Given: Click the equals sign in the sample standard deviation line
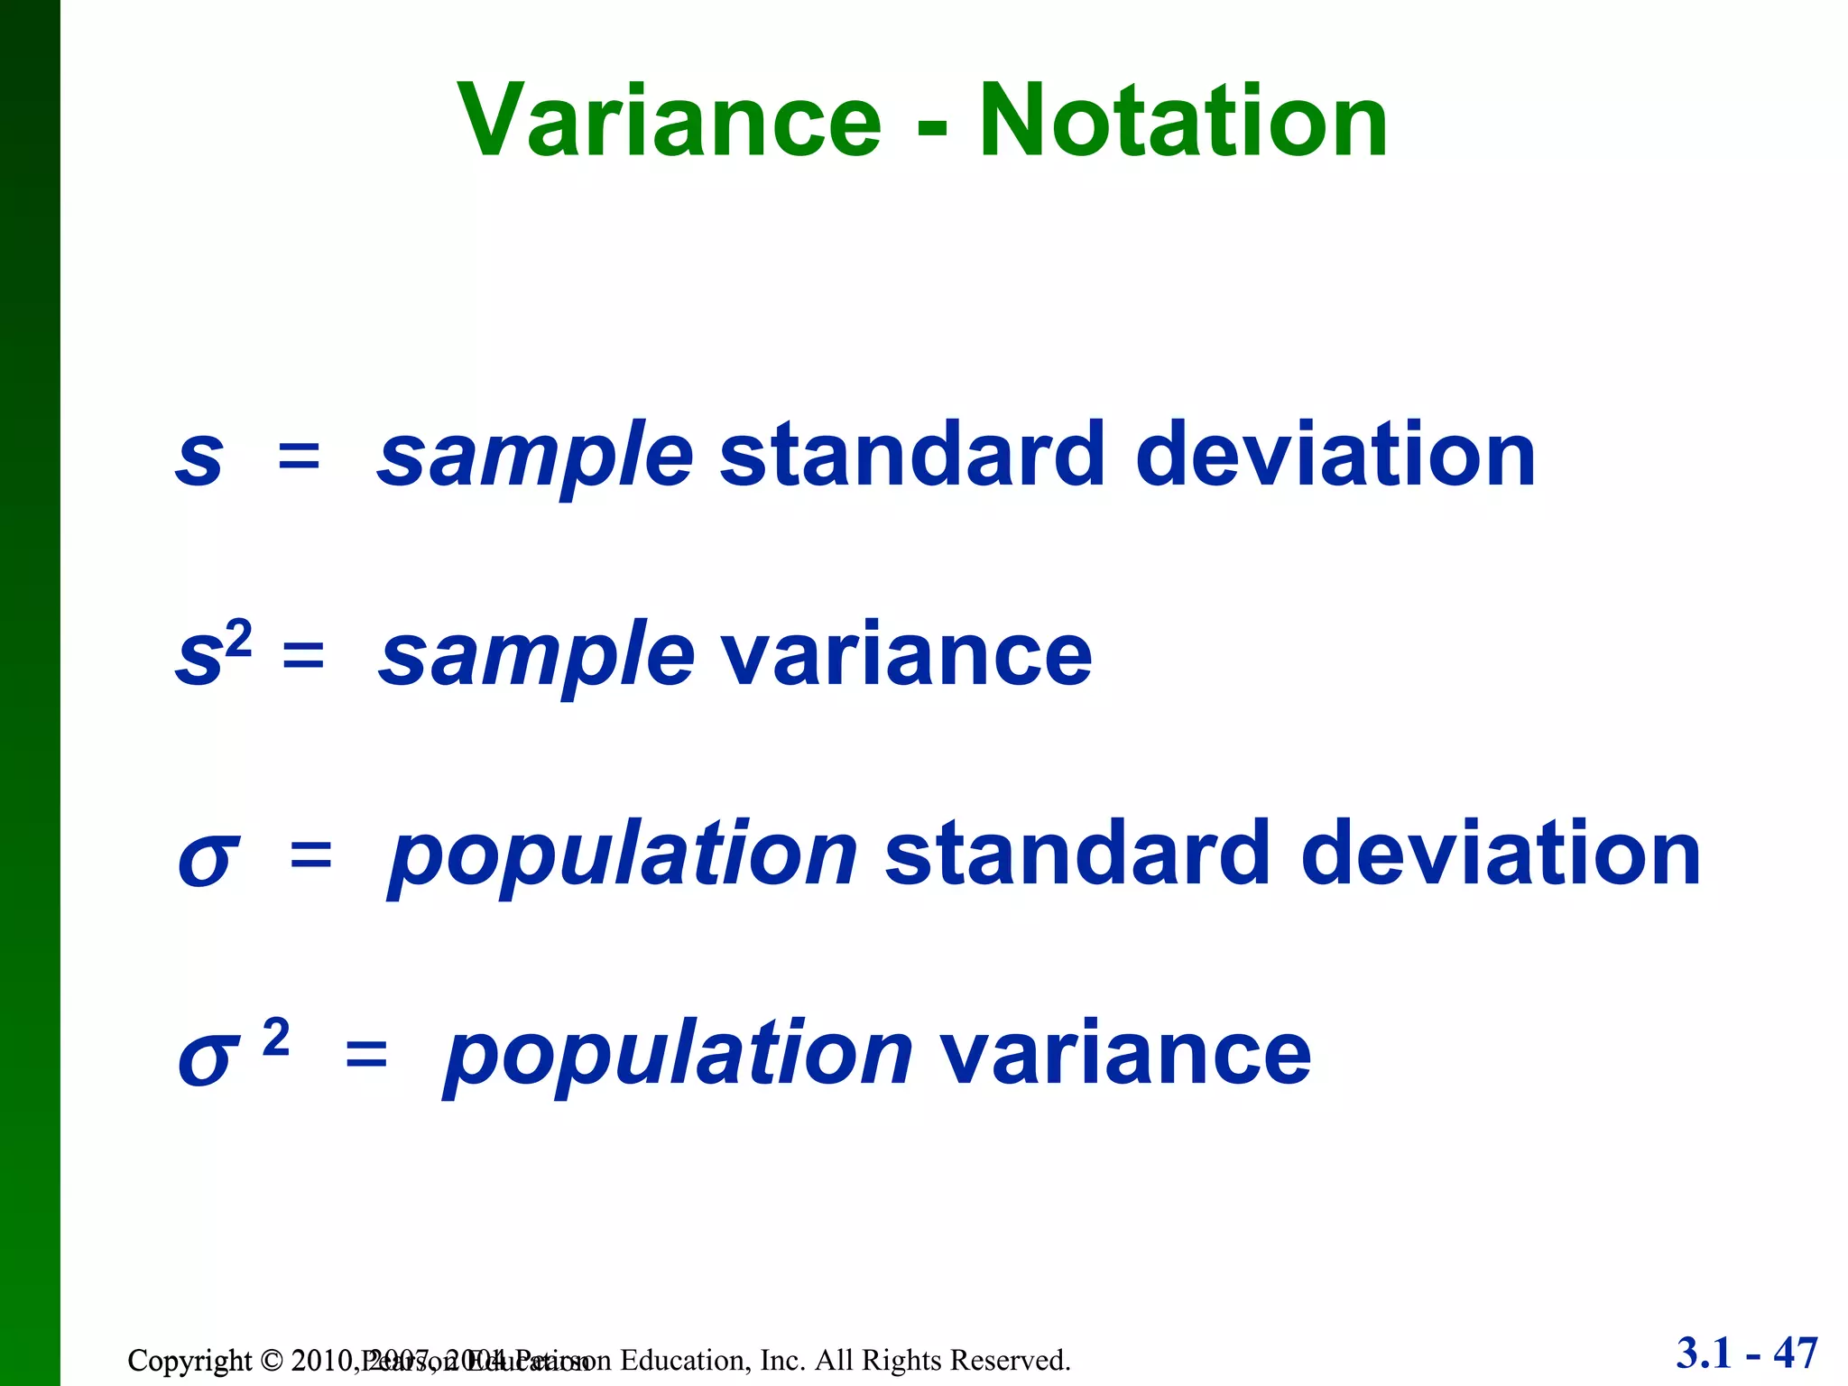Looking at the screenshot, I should (300, 457).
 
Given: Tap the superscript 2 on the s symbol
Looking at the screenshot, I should (239, 638).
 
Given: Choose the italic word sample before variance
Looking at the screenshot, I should (536, 657).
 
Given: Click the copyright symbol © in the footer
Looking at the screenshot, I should (271, 1360).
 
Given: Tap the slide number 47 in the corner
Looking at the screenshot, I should (1795, 1353).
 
